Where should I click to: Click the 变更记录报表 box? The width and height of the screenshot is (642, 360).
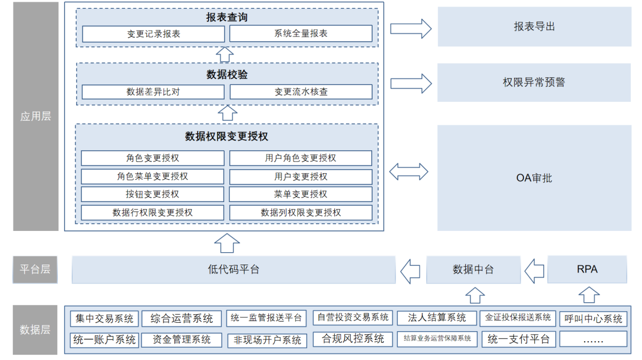click(153, 34)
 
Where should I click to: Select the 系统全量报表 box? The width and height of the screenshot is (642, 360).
click(301, 34)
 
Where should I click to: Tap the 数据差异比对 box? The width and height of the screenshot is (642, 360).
click(153, 92)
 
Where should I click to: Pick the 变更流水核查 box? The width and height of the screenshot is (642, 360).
click(301, 92)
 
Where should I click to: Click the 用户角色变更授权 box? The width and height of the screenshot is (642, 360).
click(301, 158)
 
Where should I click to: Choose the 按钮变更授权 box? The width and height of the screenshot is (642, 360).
click(153, 194)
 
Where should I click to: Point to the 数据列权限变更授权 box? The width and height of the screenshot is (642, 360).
click(301, 212)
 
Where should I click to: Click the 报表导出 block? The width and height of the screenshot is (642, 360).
click(534, 27)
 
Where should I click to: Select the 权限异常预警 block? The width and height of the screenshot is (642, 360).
click(534, 82)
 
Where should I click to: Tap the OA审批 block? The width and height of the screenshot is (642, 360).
click(534, 177)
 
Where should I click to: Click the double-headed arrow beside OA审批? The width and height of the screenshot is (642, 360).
click(409, 172)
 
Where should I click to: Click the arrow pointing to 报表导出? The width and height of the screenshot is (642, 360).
click(410, 28)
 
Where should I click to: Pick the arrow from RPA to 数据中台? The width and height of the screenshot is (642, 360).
click(535, 270)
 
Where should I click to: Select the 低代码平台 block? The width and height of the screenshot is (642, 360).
click(233, 269)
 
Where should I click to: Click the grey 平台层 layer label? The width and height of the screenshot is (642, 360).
click(35, 269)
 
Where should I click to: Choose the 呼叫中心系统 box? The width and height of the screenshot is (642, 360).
click(592, 319)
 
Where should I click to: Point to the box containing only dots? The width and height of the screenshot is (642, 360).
click(592, 339)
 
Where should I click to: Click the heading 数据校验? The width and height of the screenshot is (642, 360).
click(227, 75)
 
